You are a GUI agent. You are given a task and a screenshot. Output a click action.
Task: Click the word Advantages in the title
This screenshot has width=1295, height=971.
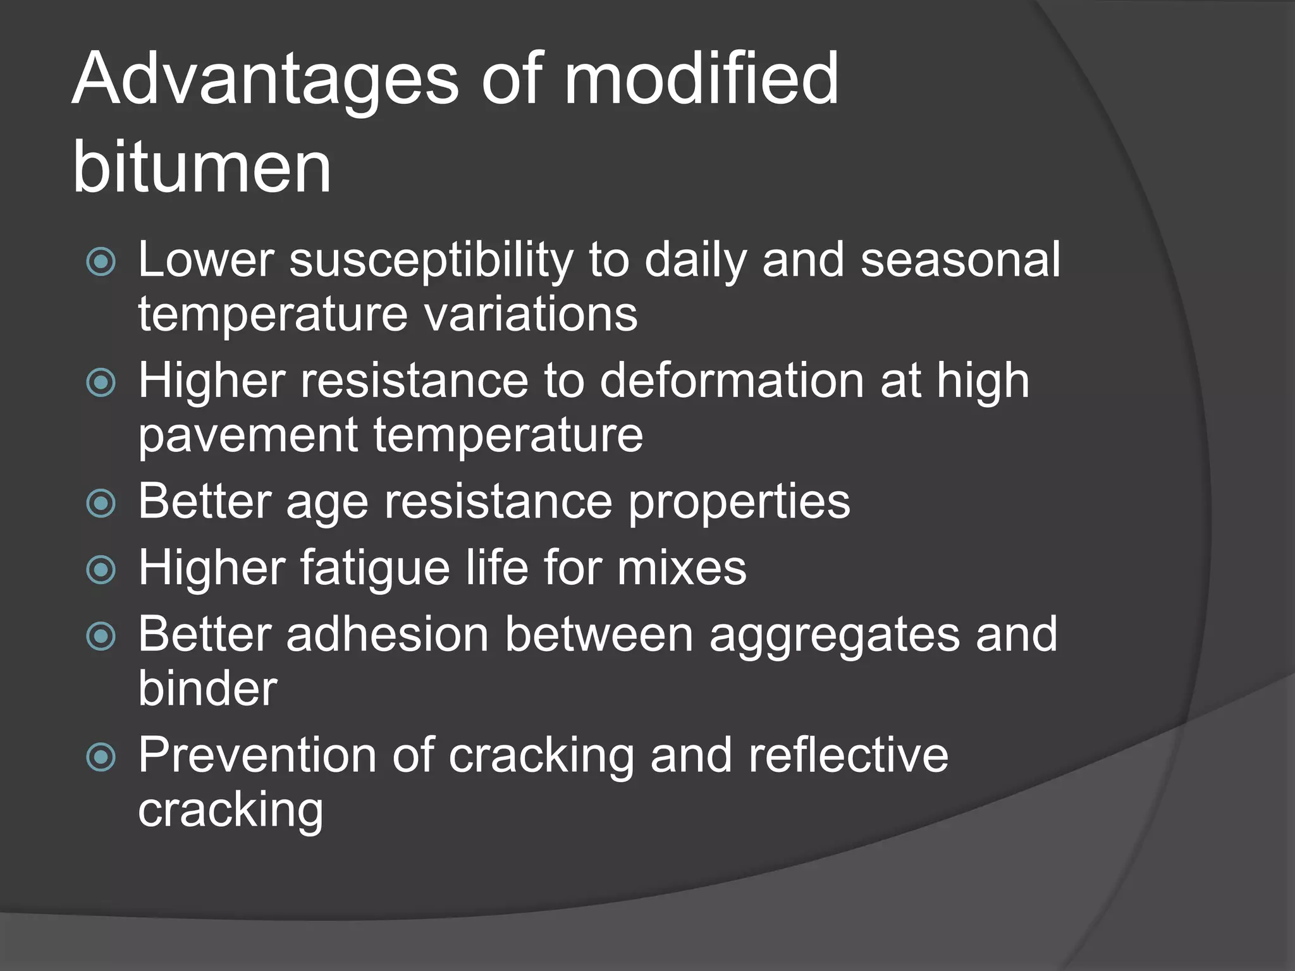(x=264, y=81)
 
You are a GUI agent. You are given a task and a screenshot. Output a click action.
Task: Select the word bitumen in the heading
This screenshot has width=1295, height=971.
(x=202, y=168)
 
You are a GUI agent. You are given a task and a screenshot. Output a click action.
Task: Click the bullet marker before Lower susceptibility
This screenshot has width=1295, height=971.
(x=101, y=262)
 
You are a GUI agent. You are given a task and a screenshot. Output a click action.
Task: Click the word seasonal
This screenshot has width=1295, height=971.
(x=960, y=259)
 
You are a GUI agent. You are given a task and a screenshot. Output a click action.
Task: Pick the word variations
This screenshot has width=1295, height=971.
(x=531, y=314)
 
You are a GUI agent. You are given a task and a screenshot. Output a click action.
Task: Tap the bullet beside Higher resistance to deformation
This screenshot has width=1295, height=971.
(x=101, y=382)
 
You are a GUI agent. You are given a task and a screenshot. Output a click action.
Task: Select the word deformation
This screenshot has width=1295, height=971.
(x=732, y=381)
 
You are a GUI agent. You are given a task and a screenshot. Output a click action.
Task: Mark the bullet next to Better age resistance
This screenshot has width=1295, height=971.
(x=101, y=504)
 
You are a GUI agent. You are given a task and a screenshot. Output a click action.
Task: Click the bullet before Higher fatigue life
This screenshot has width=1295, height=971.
(x=101, y=570)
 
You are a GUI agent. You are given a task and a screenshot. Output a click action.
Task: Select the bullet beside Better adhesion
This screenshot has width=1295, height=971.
(x=101, y=637)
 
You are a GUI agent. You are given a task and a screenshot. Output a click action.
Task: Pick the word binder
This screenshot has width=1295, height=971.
(x=207, y=688)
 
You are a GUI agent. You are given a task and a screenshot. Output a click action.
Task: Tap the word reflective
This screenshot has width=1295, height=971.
(x=848, y=755)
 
